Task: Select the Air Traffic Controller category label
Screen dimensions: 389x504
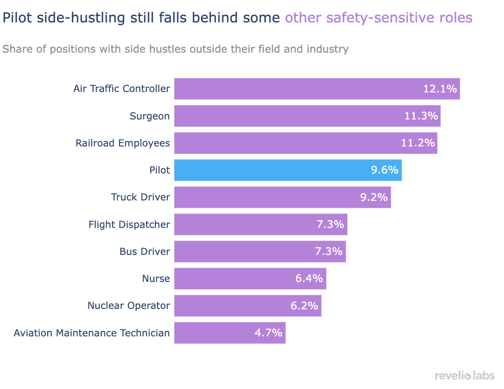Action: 121,89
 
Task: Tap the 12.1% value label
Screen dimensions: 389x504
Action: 439,89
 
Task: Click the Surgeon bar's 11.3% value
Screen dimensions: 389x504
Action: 421,116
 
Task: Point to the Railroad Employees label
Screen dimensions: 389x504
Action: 122,143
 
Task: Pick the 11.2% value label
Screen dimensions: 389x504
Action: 417,143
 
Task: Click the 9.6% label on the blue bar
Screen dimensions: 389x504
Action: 384,170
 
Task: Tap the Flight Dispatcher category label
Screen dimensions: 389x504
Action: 129,225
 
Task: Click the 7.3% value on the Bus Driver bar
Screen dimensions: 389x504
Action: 329,252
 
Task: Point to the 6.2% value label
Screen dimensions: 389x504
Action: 304,306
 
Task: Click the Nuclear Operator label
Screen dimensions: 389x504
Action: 128,306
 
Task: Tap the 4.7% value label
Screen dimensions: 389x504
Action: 268,333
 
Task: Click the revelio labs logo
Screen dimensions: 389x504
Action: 465,376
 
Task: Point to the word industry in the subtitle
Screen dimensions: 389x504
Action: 327,49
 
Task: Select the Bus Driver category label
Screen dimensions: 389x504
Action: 144,252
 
